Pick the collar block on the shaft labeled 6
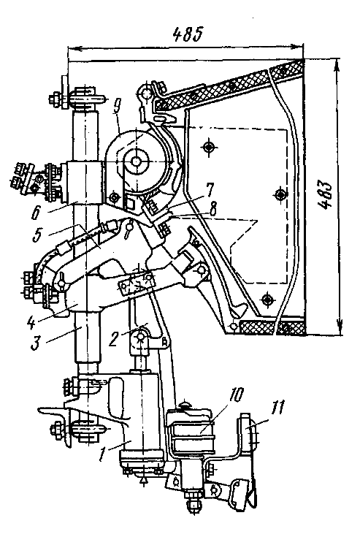(x=84, y=182)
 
